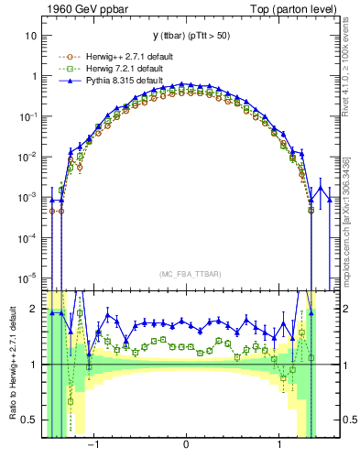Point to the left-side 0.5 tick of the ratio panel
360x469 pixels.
(x=30, y=420)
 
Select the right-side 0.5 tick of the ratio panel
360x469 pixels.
(x=346, y=420)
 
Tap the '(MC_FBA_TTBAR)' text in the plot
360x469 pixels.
(x=187, y=273)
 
